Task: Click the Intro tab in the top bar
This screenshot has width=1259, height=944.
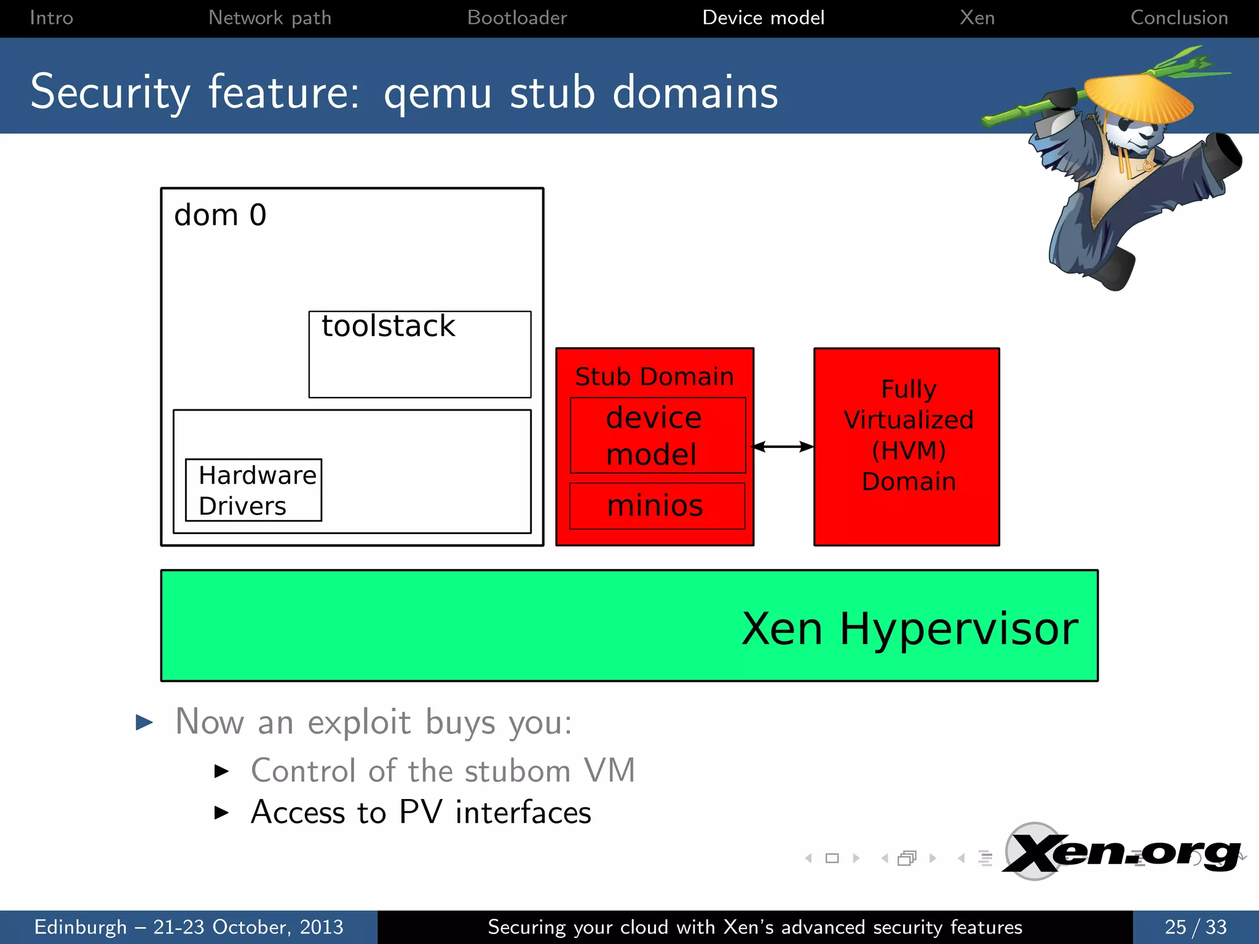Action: click(x=51, y=17)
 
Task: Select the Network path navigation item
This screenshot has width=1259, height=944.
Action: click(x=270, y=17)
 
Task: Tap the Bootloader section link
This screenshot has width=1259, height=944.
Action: click(x=517, y=17)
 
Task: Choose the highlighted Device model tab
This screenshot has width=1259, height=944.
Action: click(x=763, y=17)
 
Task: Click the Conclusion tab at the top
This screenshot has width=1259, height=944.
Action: click(x=1178, y=17)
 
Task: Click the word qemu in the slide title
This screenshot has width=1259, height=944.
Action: click(x=438, y=93)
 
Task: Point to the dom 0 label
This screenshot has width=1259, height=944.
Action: click(x=220, y=215)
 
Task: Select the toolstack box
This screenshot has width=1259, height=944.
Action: click(x=420, y=354)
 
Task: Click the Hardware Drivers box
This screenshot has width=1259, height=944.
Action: click(x=253, y=490)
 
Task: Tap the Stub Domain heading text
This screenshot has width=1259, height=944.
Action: click(x=654, y=376)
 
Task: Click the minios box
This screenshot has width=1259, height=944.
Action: click(x=656, y=506)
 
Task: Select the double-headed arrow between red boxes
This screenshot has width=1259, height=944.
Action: click(x=783, y=447)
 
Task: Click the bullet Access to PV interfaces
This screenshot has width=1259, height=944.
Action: click(x=420, y=812)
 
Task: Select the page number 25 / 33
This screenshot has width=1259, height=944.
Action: click(x=1195, y=927)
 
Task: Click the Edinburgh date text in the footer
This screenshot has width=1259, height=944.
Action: click(x=188, y=927)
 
